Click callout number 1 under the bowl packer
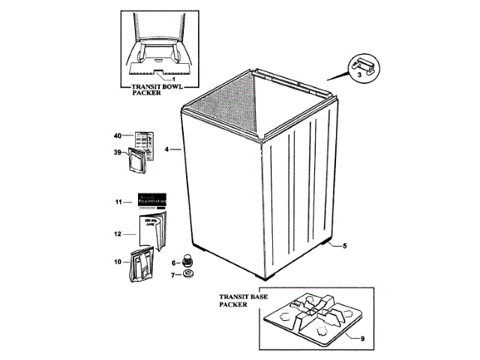[x=174, y=79]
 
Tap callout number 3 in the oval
[x=359, y=74]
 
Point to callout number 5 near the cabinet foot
[x=344, y=246]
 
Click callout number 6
[x=173, y=262]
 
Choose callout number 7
[x=173, y=275]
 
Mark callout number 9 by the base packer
[x=362, y=339]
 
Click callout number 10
[x=118, y=262]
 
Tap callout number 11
[x=118, y=202]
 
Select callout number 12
[x=118, y=234]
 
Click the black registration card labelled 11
[x=151, y=200]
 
